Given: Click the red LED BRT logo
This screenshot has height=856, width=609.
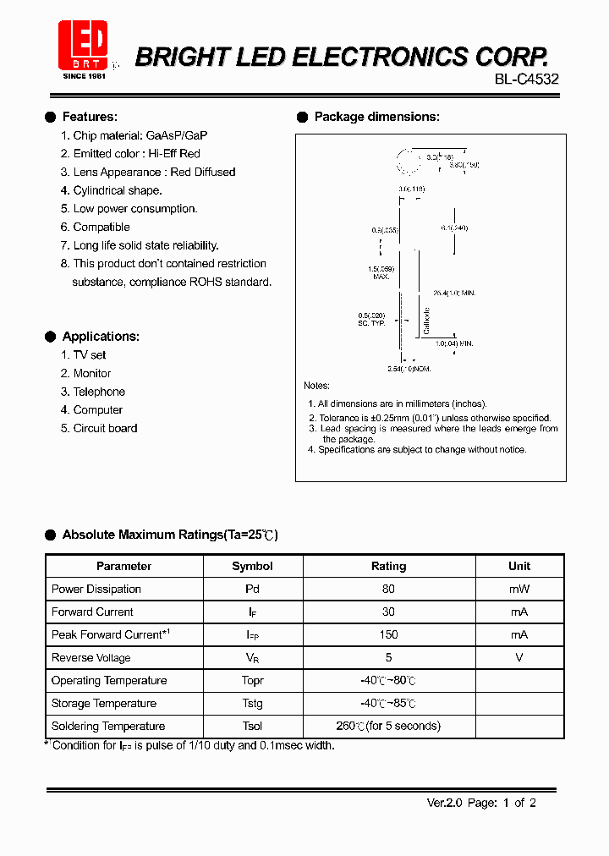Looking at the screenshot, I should coord(83,46).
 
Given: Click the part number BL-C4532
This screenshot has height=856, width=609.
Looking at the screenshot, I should coord(527,80).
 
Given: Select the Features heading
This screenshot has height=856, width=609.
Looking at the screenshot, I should coord(90,117).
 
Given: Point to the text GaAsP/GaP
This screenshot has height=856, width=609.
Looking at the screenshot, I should coord(177,135).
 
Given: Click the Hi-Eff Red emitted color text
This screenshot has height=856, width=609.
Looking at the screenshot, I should coord(174,154).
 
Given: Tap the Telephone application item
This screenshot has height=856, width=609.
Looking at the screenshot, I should coord(99,392).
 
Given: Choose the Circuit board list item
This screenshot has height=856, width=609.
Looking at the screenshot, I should coord(105,428).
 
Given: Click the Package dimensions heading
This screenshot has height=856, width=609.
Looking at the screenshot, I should coord(376,117).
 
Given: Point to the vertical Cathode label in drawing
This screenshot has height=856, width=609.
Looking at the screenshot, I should coord(427,320).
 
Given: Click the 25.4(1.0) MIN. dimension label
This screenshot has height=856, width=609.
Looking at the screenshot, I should coord(454,293).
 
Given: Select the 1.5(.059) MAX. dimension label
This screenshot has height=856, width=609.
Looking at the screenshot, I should coord(382,272).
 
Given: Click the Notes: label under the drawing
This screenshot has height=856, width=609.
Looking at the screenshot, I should coord(317,386).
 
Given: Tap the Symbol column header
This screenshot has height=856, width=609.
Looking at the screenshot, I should coord(252,566).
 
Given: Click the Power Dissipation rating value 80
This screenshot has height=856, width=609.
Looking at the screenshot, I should coord(388,589).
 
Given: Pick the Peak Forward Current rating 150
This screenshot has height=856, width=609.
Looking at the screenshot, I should coord(388,634).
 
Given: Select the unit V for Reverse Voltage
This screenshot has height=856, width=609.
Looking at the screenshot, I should coord(519,657).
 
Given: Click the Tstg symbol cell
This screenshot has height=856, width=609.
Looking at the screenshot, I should coord(252,703).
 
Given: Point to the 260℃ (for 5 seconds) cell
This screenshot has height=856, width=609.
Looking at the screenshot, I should coord(388,726).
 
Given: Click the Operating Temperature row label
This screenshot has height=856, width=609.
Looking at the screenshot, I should coord(109,680).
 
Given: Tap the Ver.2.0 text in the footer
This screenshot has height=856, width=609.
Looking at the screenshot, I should coord(443,803).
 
